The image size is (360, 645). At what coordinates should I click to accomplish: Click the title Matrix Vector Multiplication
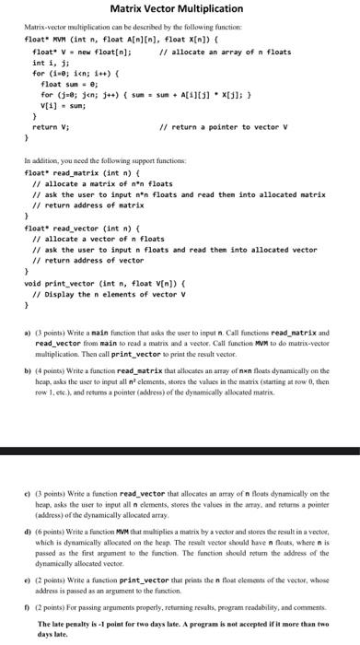[x=180, y=8]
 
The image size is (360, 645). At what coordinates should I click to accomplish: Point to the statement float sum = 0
[x=70, y=83]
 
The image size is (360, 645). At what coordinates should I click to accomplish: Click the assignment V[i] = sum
[x=64, y=104]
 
